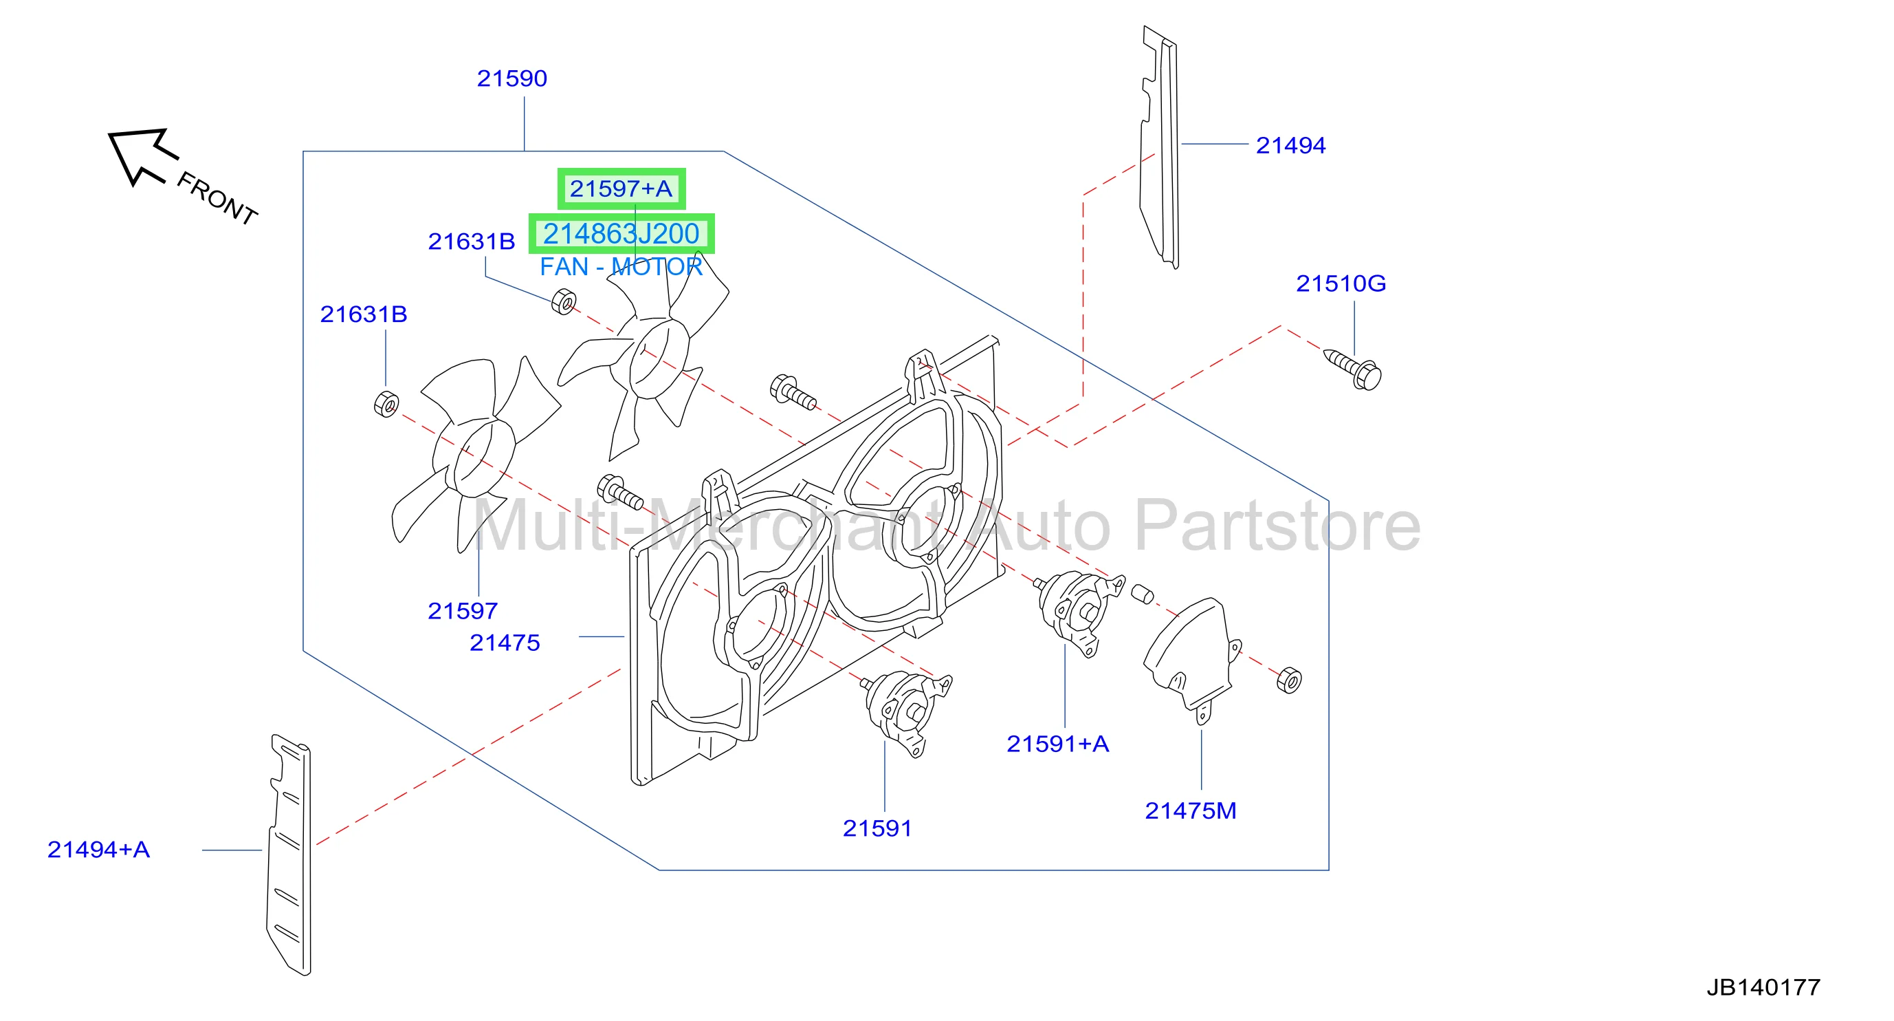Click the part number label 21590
[511, 78]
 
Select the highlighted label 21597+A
[621, 189]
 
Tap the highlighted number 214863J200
[621, 234]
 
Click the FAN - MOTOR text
[621, 266]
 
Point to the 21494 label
[1290, 145]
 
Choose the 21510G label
[1341, 283]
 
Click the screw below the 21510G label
[1353, 370]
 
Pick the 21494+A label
[98, 850]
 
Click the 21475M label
[1191, 810]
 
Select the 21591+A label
[1057, 744]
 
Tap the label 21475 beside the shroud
[505, 643]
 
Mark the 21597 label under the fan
[463, 610]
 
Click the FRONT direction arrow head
[136, 156]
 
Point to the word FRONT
[217, 198]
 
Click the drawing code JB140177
[1763, 987]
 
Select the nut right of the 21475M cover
[1289, 680]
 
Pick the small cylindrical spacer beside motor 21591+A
[1142, 593]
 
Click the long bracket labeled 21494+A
[289, 855]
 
